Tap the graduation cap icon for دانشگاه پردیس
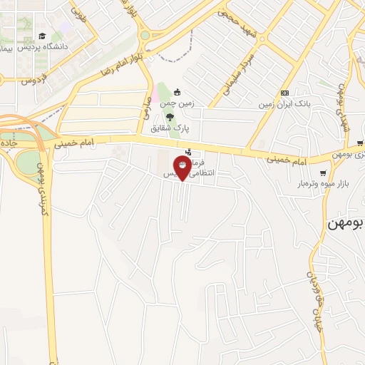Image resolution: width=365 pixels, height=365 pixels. [x=42, y=36]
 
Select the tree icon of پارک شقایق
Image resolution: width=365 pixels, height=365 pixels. [x=170, y=117]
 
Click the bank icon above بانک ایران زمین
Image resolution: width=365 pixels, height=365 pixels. [x=284, y=93]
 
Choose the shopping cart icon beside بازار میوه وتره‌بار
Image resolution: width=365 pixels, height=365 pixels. [x=324, y=173]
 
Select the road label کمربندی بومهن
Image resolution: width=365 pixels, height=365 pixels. [x=41, y=190]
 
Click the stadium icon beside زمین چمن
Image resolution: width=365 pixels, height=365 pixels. [x=177, y=92]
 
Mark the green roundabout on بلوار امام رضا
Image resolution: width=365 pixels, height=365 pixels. [x=145, y=34]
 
